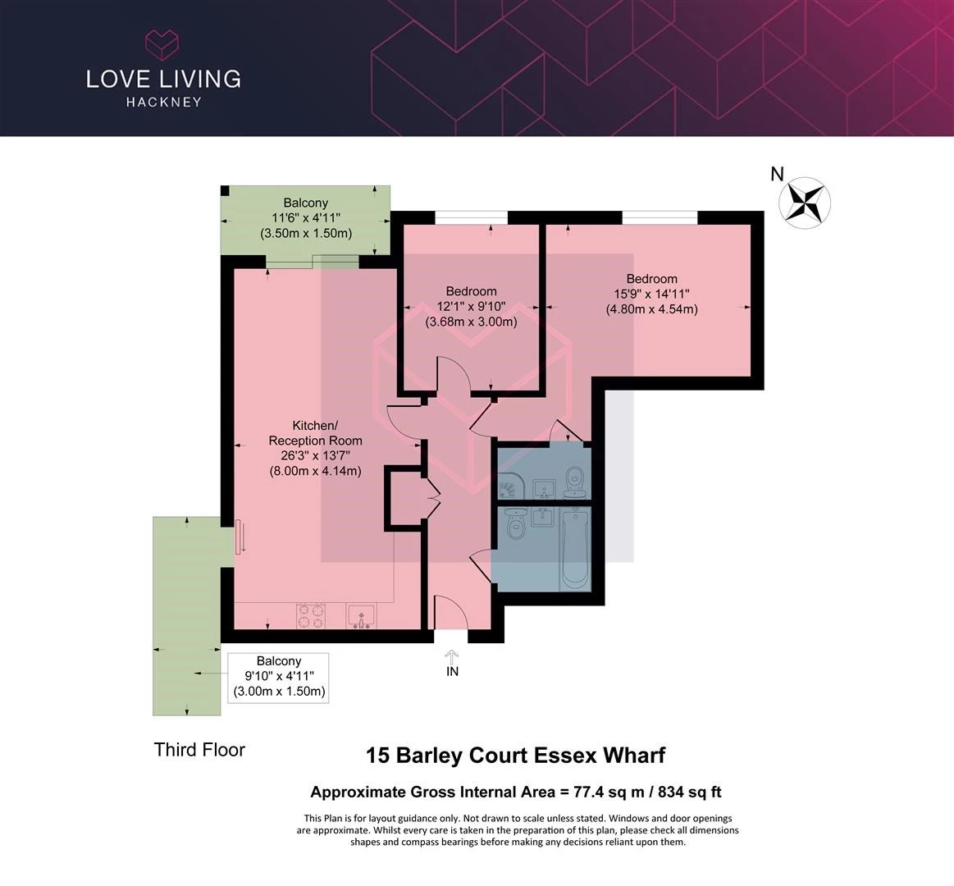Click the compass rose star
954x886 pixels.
click(805, 203)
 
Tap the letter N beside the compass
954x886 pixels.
click(777, 174)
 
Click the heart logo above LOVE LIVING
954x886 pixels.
click(162, 45)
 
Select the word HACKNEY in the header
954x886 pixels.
click(164, 102)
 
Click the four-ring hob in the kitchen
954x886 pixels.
click(311, 616)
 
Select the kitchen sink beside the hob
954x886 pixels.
click(362, 616)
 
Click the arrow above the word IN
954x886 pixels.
click(451, 657)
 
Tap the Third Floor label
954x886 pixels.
click(199, 750)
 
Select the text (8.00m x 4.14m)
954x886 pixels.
click(315, 470)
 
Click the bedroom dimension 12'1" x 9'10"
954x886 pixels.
click(471, 306)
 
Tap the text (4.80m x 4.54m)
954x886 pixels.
click(651, 308)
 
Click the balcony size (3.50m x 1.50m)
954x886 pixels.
click(306, 232)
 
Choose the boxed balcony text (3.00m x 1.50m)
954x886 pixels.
click(279, 692)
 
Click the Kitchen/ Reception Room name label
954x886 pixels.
click(315, 432)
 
